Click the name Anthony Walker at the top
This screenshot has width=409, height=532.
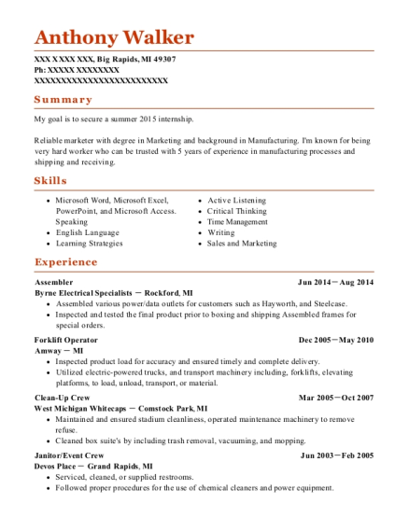(114, 37)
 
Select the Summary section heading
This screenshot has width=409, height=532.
(63, 99)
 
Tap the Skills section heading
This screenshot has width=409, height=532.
(50, 180)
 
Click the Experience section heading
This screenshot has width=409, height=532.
(65, 262)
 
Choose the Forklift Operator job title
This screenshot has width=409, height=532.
(65, 340)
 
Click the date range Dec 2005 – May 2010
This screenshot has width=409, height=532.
(335, 340)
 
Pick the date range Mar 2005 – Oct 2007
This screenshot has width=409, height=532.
(335, 398)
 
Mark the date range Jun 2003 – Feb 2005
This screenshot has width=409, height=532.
(336, 455)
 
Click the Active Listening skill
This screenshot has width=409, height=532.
(236, 201)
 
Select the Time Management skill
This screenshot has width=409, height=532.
(238, 222)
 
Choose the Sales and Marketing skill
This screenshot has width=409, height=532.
(242, 244)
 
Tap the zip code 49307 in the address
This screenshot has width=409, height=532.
(163, 59)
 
